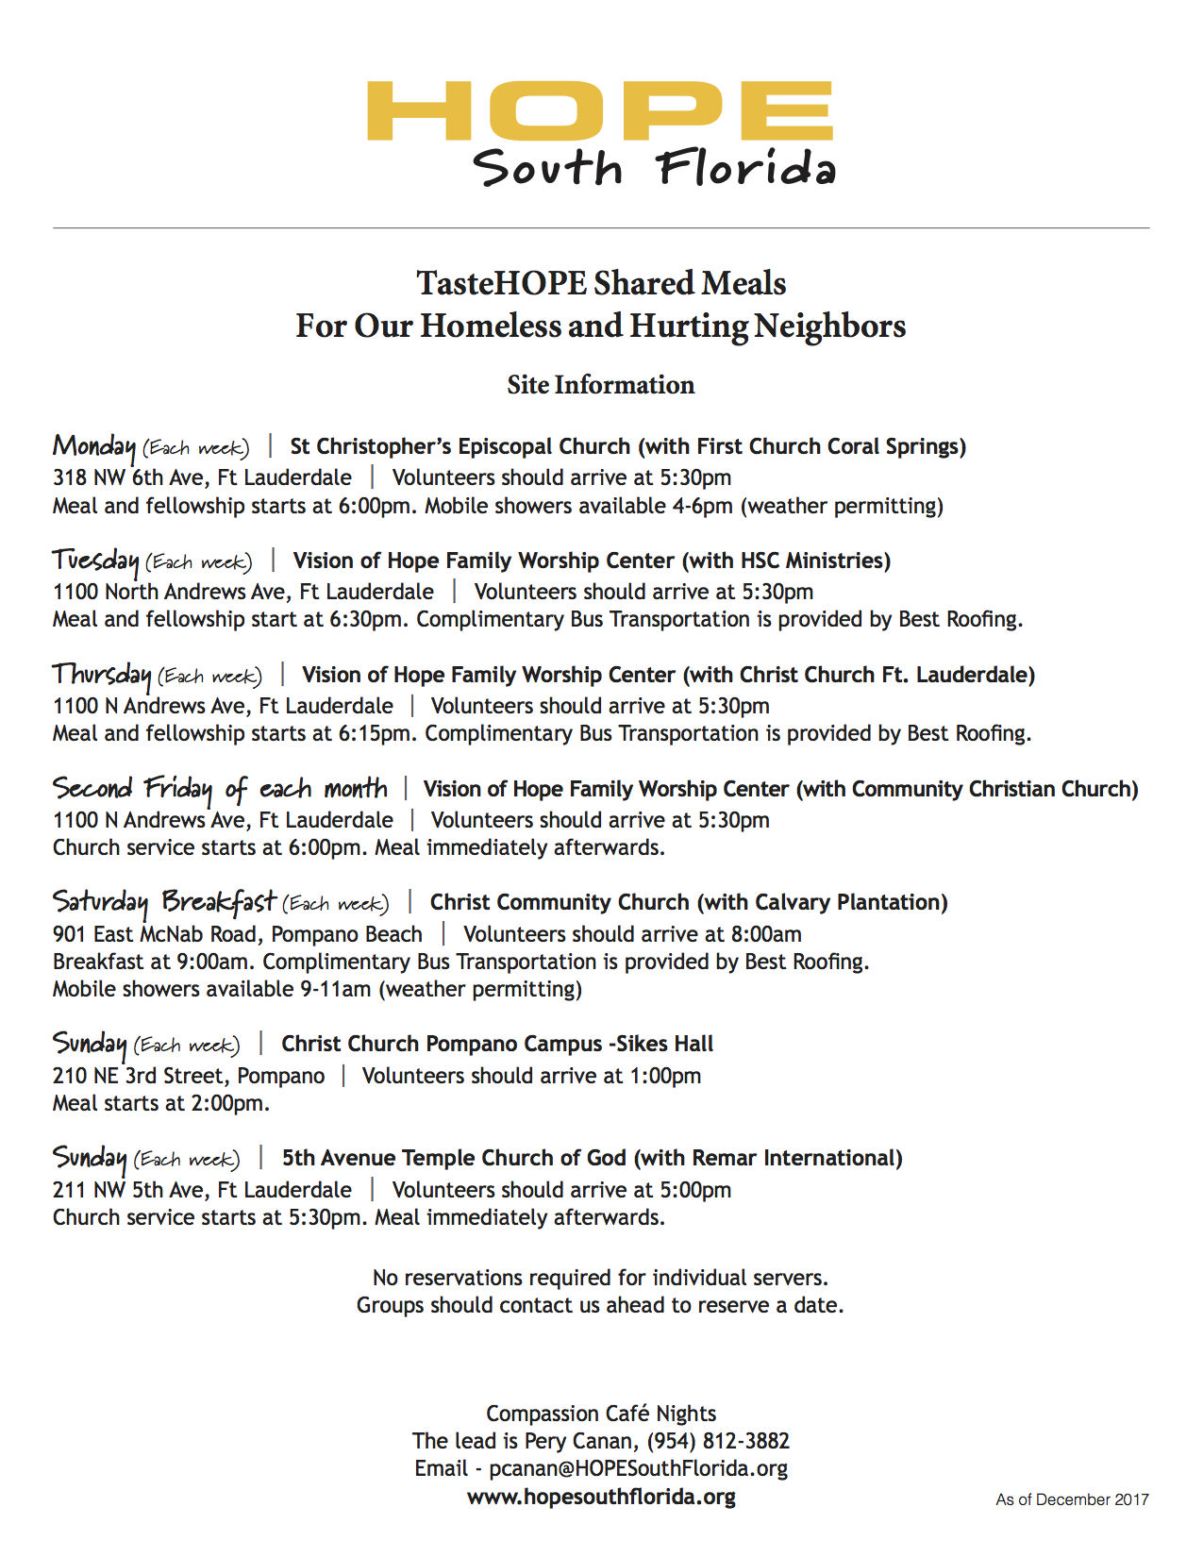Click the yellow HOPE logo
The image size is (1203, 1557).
[600, 110]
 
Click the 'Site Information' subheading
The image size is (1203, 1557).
[601, 385]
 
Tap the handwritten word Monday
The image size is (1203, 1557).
[94, 446]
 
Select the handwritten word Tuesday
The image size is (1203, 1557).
[95, 561]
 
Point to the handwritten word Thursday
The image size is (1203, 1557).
[102, 675]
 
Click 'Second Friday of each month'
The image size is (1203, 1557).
[220, 789]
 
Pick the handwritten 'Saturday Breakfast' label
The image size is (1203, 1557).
[164, 902]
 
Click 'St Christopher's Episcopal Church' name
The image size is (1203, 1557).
[459, 446]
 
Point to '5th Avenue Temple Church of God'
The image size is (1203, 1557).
[454, 1158]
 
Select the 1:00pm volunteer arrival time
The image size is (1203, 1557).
[665, 1076]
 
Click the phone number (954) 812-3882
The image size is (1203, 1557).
[718, 1441]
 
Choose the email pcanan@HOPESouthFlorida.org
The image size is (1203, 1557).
[638, 1468]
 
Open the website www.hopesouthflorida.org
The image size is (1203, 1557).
[601, 1497]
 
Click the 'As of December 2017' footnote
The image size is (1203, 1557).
[1072, 1499]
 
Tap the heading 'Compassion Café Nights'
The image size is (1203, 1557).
[601, 1414]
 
